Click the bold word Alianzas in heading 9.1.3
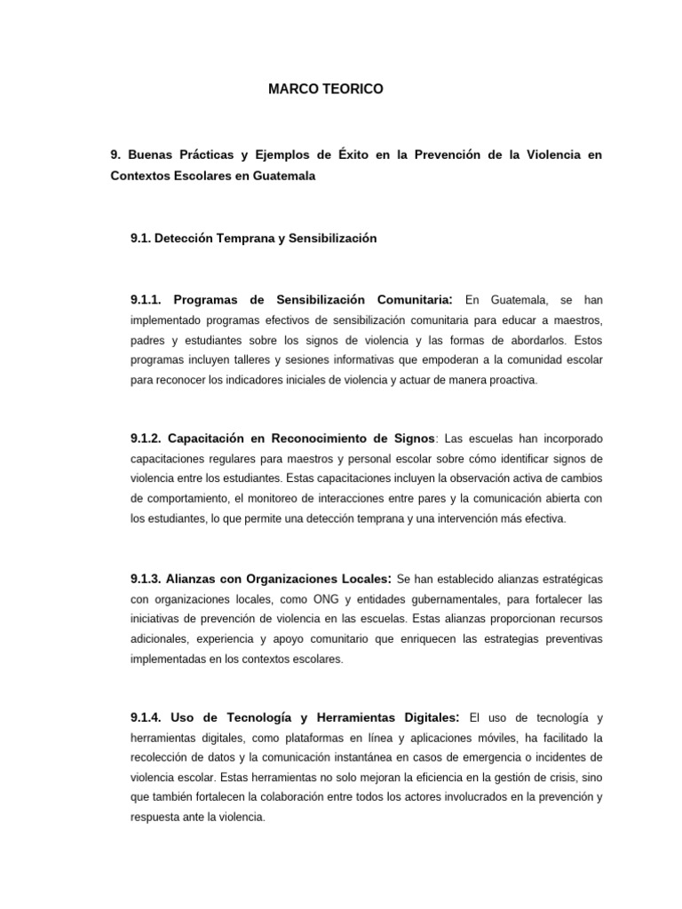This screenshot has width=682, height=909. pos(199,579)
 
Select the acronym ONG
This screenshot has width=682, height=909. pos(327,599)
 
